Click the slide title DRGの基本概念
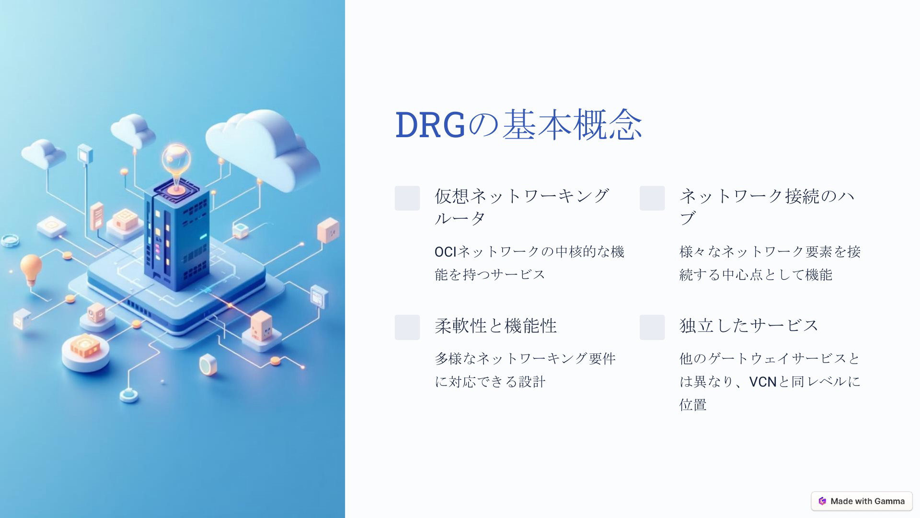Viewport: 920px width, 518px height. coord(518,125)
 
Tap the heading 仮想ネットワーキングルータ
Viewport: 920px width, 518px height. coord(522,207)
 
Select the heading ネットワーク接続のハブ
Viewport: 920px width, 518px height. coord(767,207)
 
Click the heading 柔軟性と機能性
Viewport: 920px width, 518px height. coord(496,326)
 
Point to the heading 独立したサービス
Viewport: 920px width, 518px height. coord(749,326)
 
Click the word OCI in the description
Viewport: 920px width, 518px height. coord(446,251)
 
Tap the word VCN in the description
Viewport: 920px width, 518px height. coord(762,382)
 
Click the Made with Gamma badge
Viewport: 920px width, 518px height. coord(862,501)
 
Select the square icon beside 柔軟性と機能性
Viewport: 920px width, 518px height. coord(407,327)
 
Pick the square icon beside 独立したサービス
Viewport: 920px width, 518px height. coord(652,327)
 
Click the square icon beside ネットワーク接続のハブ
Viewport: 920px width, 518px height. coord(652,198)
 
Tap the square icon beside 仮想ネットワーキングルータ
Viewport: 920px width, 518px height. coord(407,198)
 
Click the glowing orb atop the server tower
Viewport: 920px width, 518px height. coord(176,159)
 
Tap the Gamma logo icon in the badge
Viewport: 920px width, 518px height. coord(822,501)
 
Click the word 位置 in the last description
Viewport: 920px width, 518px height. coord(693,405)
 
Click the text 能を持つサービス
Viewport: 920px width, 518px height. coord(490,275)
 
